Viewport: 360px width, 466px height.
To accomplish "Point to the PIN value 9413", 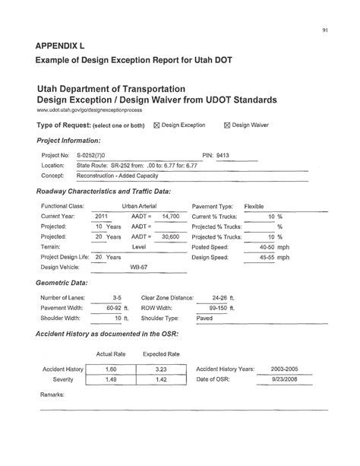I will pos(223,154).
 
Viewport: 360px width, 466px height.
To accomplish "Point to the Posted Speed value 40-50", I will pos(267,247).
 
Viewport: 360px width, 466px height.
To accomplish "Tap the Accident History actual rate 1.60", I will pos(111,368).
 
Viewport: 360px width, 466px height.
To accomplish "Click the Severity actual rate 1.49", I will pos(111,379).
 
